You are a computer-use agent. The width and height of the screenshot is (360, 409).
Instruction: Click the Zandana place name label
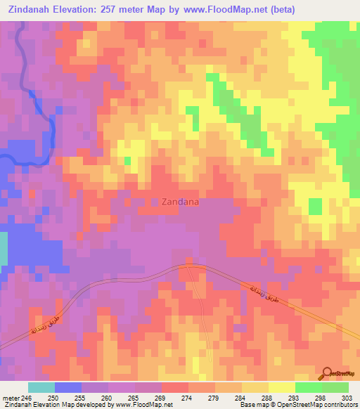(180, 202)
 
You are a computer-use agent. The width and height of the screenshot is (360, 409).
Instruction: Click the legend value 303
(343, 397)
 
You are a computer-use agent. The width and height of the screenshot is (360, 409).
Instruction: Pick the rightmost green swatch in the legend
(335, 387)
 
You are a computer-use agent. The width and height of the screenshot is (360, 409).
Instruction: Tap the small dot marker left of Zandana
(155, 202)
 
